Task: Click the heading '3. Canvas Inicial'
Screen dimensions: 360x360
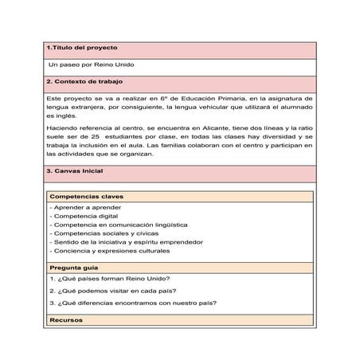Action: [75, 170]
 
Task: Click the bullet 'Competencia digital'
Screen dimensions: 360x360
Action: [84, 216]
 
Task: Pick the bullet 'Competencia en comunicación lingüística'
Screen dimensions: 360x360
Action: [108, 225]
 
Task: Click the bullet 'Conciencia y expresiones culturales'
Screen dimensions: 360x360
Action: [109, 251]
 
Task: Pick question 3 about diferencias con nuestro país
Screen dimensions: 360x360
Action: [131, 303]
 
